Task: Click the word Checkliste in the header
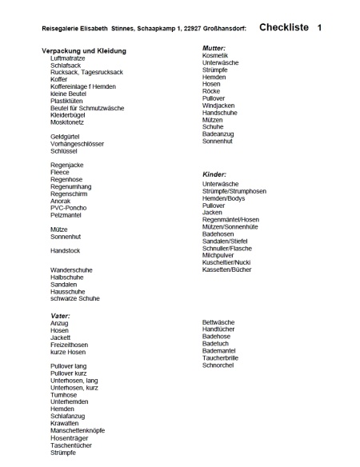(283, 27)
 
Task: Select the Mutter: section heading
(214, 48)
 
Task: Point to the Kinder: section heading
(214, 174)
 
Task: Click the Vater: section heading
(60, 316)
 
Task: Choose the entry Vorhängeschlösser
(77, 143)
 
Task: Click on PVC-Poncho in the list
(69, 207)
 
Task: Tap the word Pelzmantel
(67, 214)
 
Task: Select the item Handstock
(65, 250)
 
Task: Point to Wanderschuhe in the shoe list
(72, 270)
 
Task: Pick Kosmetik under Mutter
(215, 55)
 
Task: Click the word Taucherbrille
(221, 358)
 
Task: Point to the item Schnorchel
(218, 365)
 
